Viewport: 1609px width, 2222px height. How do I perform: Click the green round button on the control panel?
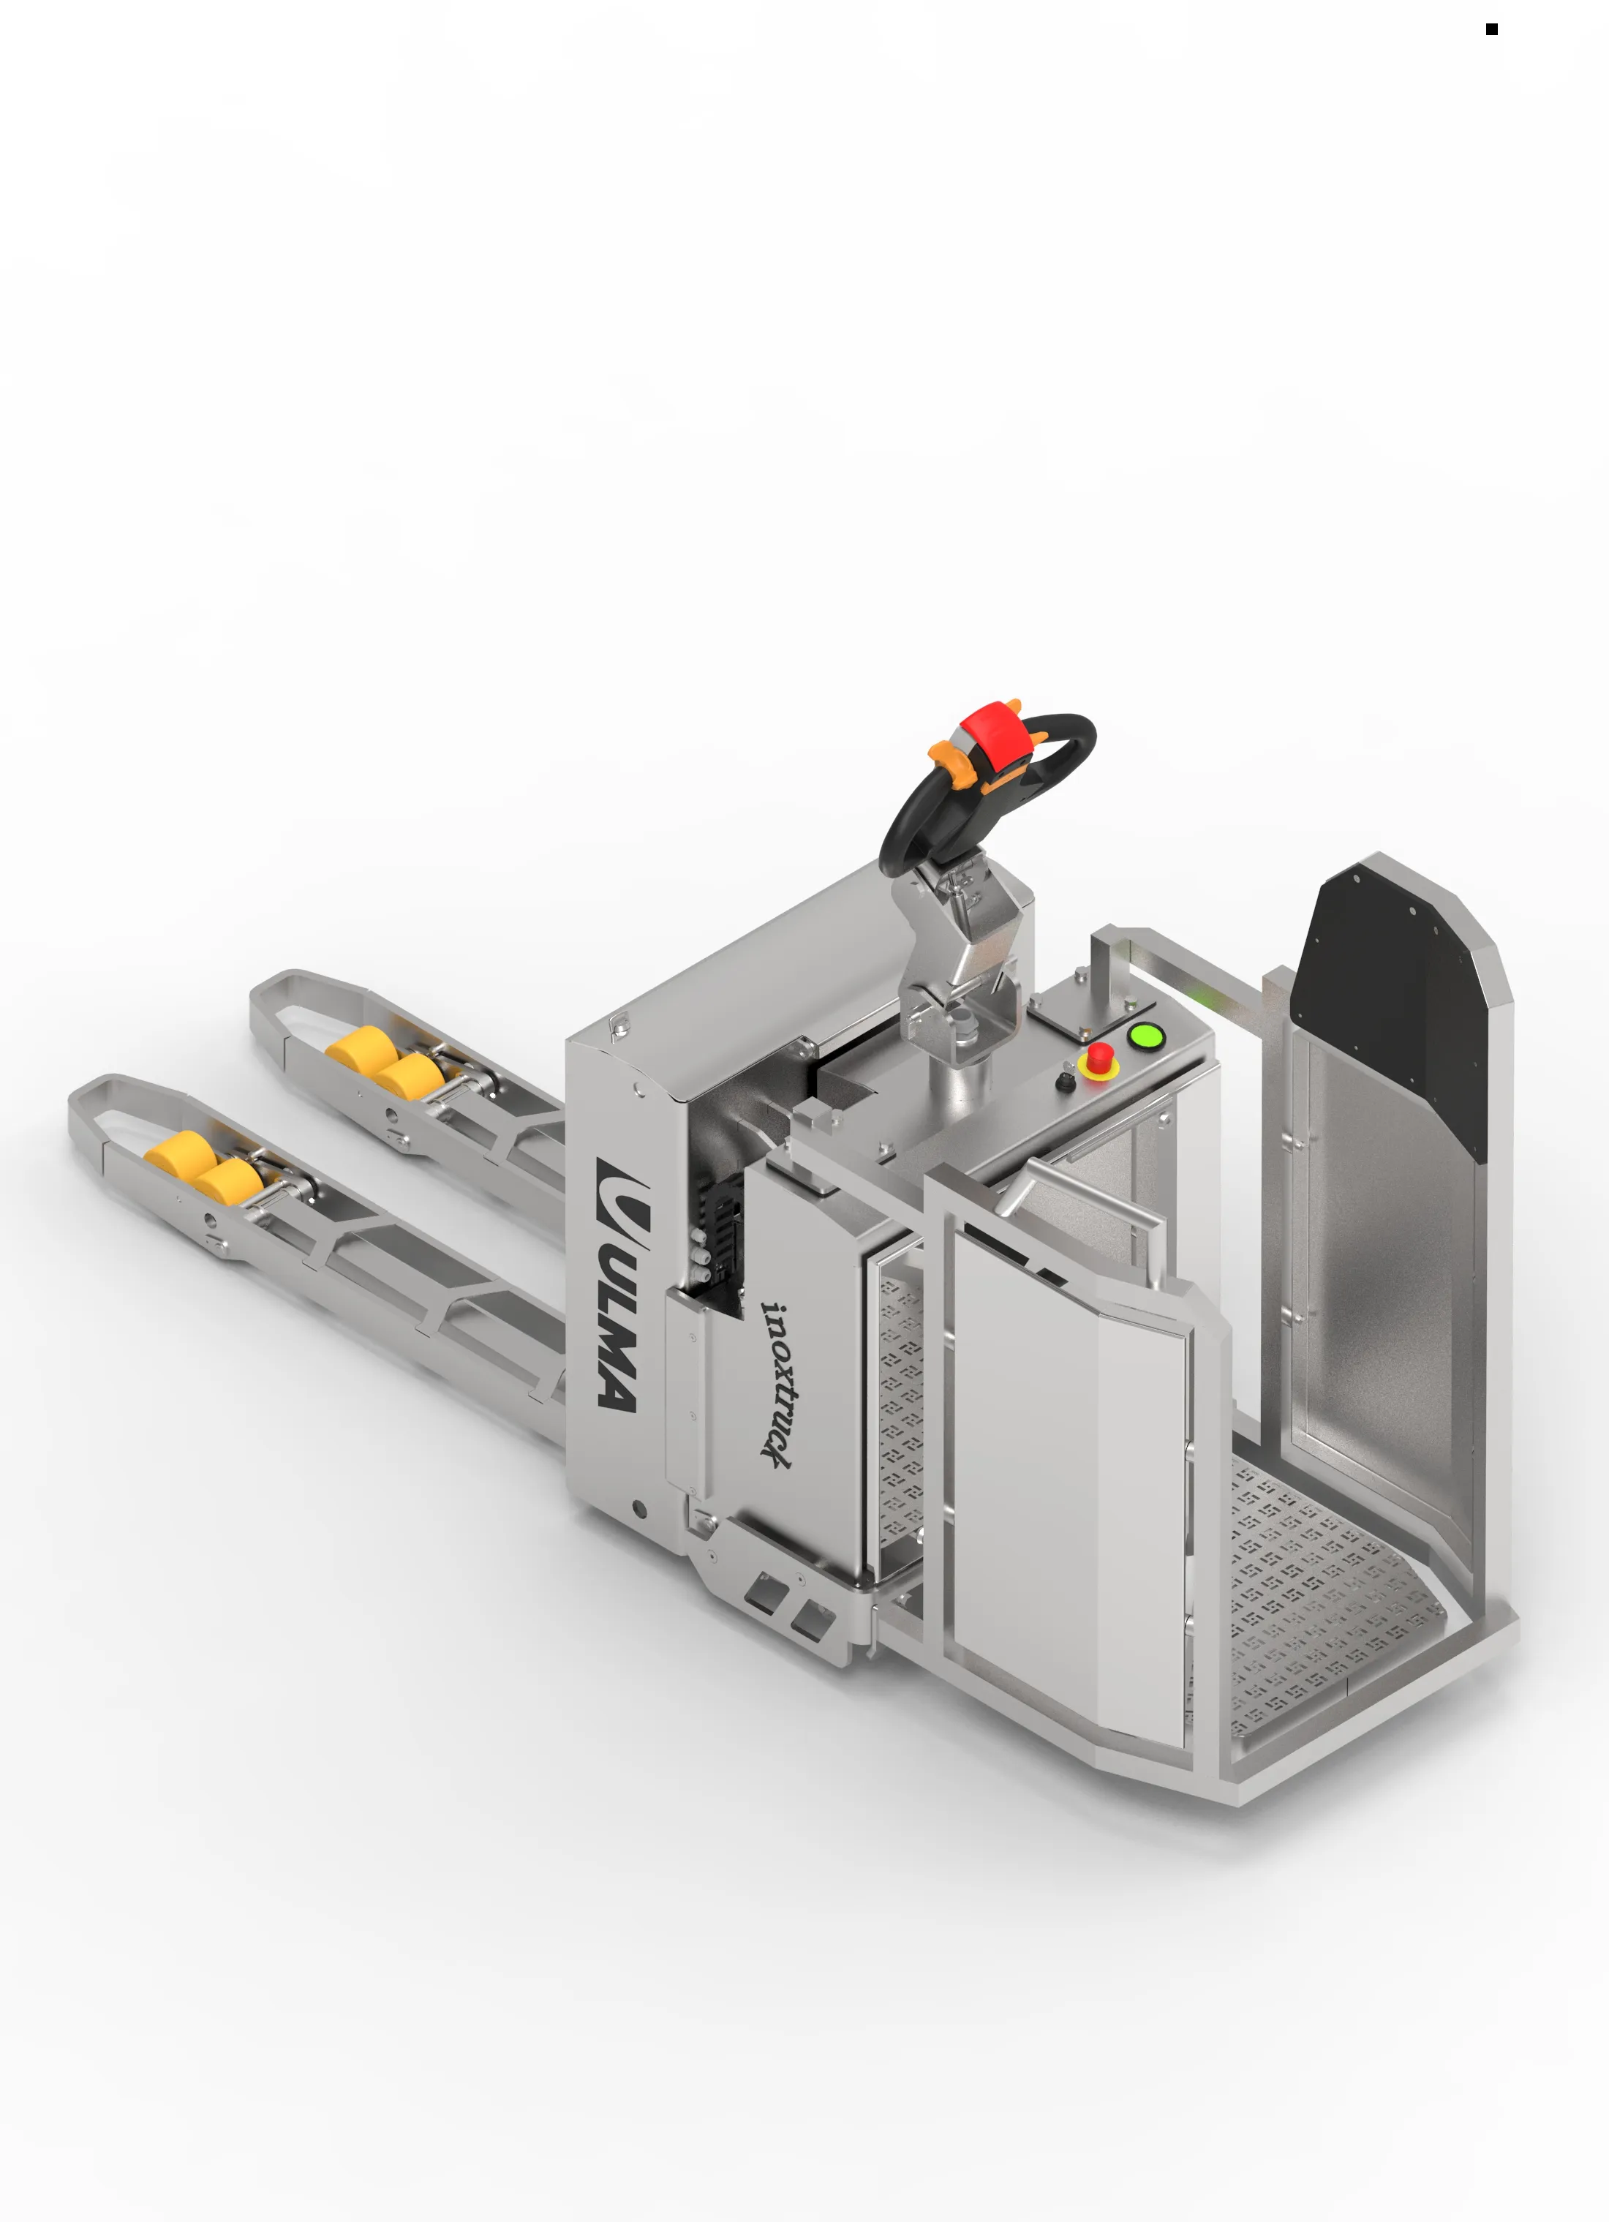[1145, 1036]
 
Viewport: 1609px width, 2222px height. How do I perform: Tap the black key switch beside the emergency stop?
[1065, 1082]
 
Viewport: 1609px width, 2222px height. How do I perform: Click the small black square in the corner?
[1491, 29]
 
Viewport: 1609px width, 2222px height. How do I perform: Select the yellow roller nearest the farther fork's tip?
[361, 1047]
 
